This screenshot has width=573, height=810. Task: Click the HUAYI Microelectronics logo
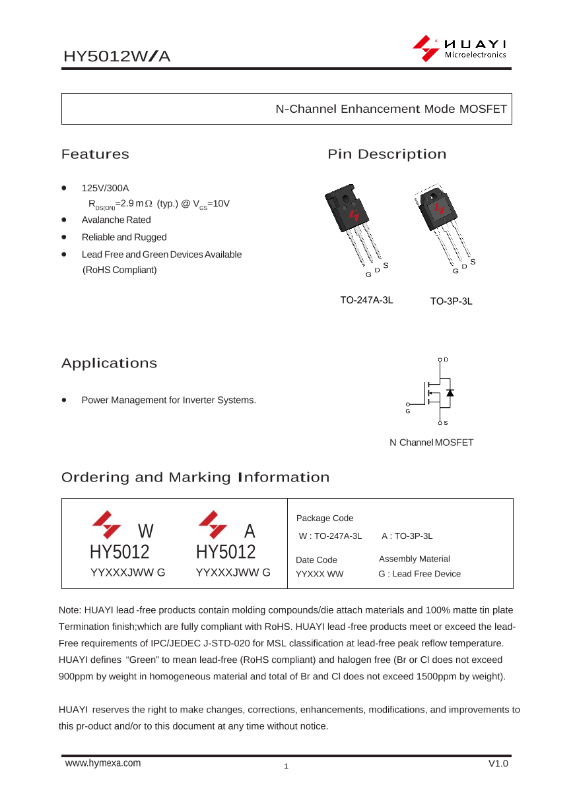(459, 49)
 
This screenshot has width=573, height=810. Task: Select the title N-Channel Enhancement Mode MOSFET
(391, 109)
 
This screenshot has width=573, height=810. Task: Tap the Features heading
(95, 154)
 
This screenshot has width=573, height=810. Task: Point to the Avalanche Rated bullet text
(116, 220)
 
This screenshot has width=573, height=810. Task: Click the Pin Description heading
(387, 154)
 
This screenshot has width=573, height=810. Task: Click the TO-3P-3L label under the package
(451, 301)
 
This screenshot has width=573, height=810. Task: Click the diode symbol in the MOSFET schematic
(450, 392)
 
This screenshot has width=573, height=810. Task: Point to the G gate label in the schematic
(408, 411)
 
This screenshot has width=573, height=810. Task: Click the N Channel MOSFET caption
(431, 443)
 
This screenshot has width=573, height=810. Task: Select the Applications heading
(109, 363)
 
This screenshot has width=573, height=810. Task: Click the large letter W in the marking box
(146, 531)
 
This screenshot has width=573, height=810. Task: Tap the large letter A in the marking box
(250, 531)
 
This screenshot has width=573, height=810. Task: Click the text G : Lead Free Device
(419, 574)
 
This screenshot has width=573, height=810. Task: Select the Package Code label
(325, 518)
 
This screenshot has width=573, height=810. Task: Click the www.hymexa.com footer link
(103, 763)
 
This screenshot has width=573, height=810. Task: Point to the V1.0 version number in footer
(498, 763)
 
